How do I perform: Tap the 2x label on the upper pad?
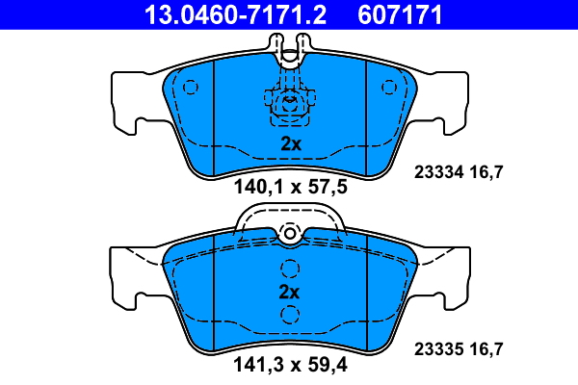(291, 143)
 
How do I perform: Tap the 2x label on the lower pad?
(290, 292)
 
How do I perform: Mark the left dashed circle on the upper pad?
(190, 88)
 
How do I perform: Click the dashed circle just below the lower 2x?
(289, 314)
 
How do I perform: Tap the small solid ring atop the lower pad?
(290, 233)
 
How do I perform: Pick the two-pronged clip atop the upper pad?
(290, 48)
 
